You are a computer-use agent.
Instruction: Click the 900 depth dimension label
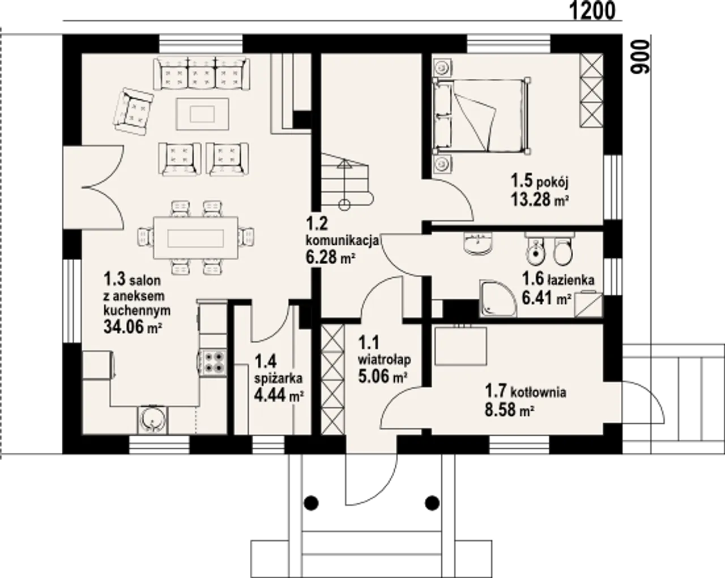(639, 57)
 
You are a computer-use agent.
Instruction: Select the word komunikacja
(342, 241)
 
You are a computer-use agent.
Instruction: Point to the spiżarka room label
(278, 379)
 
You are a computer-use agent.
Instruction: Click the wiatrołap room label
(384, 360)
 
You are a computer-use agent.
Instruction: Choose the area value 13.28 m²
(540, 199)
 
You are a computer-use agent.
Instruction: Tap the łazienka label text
(571, 280)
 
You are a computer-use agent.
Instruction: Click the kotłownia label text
(538, 392)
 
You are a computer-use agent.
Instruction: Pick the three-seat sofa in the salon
(202, 74)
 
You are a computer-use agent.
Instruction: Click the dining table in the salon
(195, 238)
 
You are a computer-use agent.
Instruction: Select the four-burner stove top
(212, 363)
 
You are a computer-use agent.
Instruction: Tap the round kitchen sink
(152, 420)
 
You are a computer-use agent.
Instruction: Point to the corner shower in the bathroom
(498, 298)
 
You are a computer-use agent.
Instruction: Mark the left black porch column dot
(311, 504)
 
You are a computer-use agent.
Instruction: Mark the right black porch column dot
(432, 504)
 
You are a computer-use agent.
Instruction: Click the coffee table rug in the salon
(202, 114)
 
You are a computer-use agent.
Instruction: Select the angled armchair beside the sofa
(134, 111)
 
